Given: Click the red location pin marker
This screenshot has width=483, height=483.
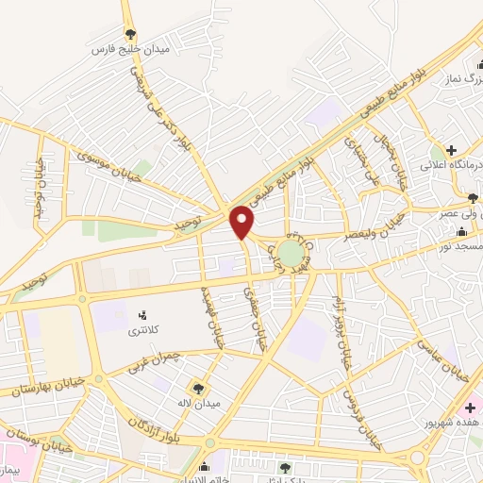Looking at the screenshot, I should (x=242, y=221).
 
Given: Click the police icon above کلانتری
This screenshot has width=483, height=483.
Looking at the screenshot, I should (x=143, y=314).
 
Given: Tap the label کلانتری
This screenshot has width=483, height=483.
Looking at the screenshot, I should (x=145, y=332).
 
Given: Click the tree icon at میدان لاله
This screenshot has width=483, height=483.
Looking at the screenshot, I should (x=198, y=387).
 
